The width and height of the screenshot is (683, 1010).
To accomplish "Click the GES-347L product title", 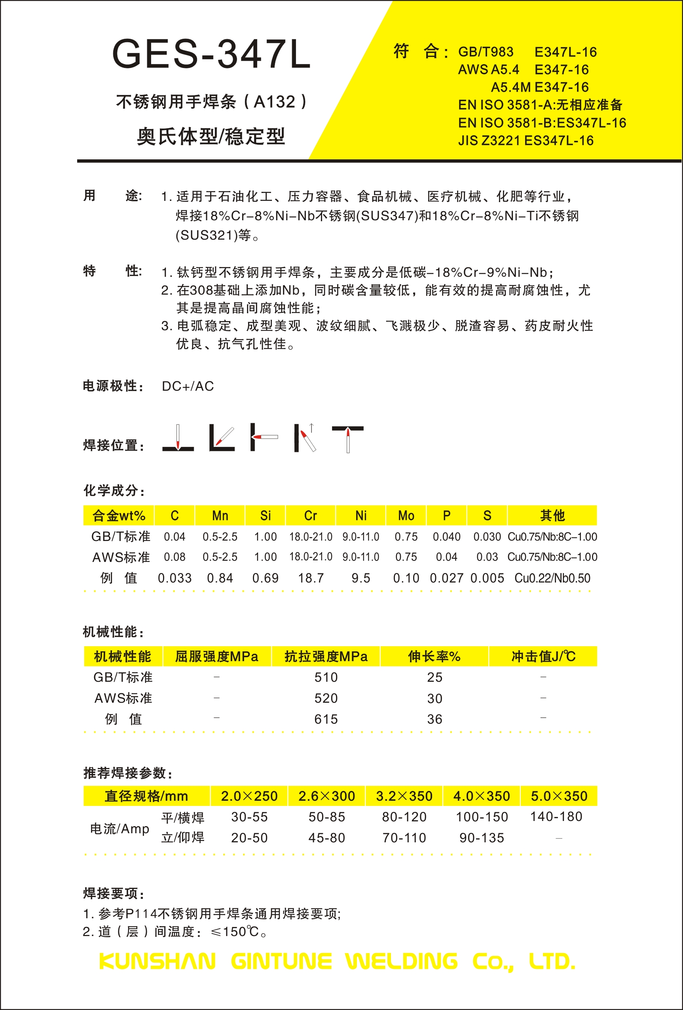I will coord(211,54).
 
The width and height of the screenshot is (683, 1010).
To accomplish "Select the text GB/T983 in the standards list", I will coord(486,52).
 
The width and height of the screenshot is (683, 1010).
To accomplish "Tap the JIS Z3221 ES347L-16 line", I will coord(525,141).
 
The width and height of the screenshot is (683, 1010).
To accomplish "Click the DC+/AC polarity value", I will coord(188,386).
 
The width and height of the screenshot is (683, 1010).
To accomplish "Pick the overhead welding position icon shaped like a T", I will coord(348,439).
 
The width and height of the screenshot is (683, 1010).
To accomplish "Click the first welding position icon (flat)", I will coord(178,439).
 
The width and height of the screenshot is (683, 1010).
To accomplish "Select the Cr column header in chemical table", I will coord(310,515).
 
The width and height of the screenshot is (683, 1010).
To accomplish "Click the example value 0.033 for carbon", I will coord(175,578).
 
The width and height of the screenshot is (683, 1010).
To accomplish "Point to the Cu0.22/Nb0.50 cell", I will coord(552,578).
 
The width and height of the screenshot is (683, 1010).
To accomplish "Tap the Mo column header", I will coord(406,515).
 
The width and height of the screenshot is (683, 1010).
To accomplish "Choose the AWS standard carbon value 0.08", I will coord(175,557).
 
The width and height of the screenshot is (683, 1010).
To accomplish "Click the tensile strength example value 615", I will coord(326,719).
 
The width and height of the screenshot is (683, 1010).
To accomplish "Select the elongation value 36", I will coord(434,719).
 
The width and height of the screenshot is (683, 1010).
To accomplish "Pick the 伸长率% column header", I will coord(434,656).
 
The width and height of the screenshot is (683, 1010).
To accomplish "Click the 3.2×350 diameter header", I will coord(404,796).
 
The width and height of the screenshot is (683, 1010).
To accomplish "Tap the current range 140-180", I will coord(556,817).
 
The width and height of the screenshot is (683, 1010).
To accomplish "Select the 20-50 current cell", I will coord(249,838).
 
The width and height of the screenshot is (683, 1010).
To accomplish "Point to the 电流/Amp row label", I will coord(120,828).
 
